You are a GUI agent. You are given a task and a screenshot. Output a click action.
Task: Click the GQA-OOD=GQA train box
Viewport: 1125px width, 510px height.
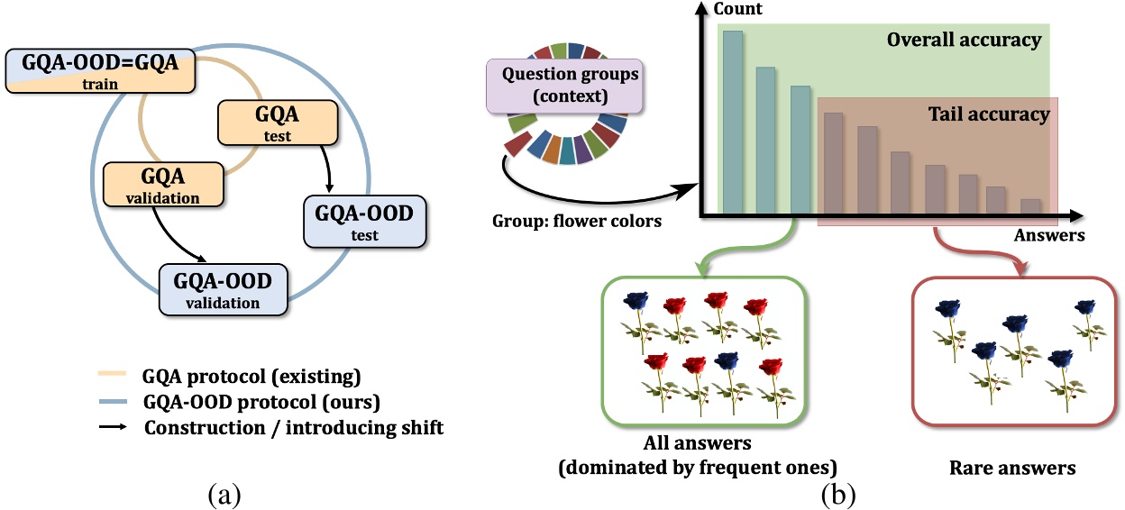(x=100, y=71)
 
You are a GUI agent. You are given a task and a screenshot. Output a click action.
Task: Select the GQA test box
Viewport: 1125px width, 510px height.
(x=278, y=123)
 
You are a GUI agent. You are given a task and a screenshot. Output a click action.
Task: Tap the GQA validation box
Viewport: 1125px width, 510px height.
(x=163, y=184)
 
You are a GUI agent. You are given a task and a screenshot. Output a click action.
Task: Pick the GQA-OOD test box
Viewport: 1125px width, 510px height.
(x=365, y=222)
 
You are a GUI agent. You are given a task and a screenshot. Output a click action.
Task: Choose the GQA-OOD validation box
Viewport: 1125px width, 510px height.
(x=223, y=289)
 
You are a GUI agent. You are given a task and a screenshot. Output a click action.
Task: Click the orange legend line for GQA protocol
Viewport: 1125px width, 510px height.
(x=112, y=373)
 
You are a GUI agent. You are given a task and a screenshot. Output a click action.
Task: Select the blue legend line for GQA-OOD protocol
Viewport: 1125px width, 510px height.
(x=112, y=401)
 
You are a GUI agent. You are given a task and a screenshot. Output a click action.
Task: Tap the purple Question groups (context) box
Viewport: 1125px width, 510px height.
(x=564, y=86)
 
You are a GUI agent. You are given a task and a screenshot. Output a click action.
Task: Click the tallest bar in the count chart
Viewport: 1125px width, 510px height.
(x=733, y=122)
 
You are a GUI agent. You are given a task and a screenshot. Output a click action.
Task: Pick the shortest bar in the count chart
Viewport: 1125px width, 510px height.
(x=1030, y=206)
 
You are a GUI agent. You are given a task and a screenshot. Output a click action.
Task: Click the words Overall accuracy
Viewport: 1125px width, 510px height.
(x=964, y=40)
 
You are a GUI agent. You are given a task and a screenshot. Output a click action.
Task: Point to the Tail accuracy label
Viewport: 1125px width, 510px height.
(x=988, y=114)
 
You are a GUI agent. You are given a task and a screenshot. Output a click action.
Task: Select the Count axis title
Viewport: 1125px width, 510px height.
(x=737, y=8)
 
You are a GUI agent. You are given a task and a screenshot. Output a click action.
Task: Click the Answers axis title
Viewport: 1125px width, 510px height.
(x=1049, y=235)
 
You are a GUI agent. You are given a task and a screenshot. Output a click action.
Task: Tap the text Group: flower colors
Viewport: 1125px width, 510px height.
(x=577, y=221)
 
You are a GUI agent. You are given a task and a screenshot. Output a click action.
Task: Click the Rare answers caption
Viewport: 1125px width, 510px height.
(x=1012, y=468)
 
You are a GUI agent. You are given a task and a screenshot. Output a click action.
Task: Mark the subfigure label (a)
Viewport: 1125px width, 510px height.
(x=224, y=495)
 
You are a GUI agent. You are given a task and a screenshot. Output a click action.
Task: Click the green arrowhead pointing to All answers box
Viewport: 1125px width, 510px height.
(x=702, y=269)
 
